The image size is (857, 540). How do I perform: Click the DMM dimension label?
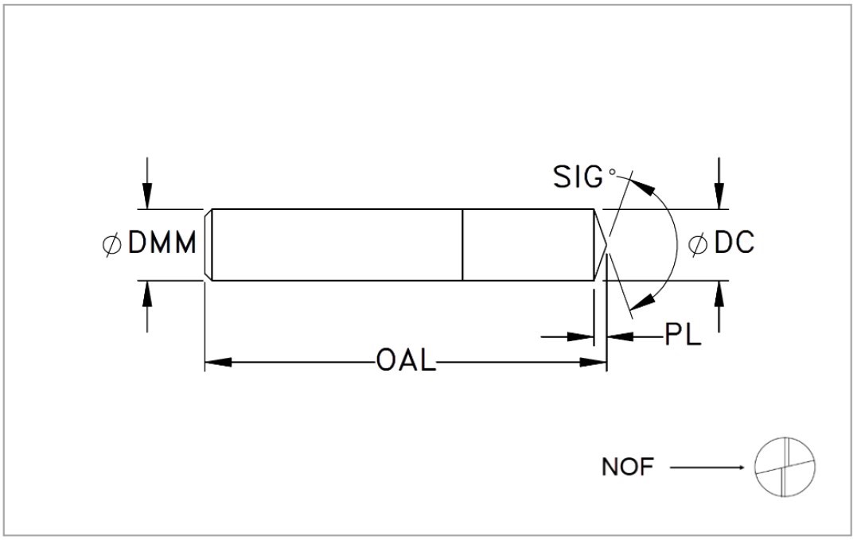[x=162, y=243]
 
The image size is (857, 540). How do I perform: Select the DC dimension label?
[x=734, y=243]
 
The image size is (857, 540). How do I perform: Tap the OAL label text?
[x=406, y=361]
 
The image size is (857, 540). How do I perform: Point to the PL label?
[x=683, y=334]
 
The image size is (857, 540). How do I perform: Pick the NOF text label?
[x=628, y=468]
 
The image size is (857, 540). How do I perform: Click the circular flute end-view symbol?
[x=785, y=468]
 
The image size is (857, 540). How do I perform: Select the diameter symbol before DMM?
[x=111, y=244]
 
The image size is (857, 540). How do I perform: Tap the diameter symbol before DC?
[x=697, y=244]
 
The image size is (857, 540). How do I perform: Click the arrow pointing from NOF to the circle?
[x=707, y=468]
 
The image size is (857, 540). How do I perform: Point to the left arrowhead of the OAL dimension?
[x=218, y=362]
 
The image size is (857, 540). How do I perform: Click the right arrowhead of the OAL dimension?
[x=593, y=362]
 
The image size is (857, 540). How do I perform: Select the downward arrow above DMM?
[x=147, y=184]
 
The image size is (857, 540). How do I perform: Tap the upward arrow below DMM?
[x=147, y=306]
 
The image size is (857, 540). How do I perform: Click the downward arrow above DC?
[x=719, y=184]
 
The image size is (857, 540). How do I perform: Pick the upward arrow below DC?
[x=719, y=306]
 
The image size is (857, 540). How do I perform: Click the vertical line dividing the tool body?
[x=462, y=245]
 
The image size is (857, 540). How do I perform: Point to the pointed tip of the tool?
[x=606, y=245]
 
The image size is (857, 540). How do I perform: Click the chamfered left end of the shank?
[x=208, y=245]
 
